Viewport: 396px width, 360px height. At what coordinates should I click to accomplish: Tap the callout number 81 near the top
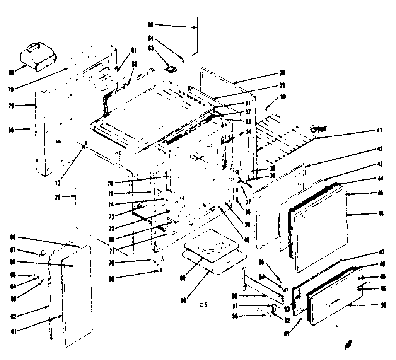coord(134,49)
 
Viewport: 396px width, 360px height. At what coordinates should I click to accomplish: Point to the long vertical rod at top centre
coord(197,35)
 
